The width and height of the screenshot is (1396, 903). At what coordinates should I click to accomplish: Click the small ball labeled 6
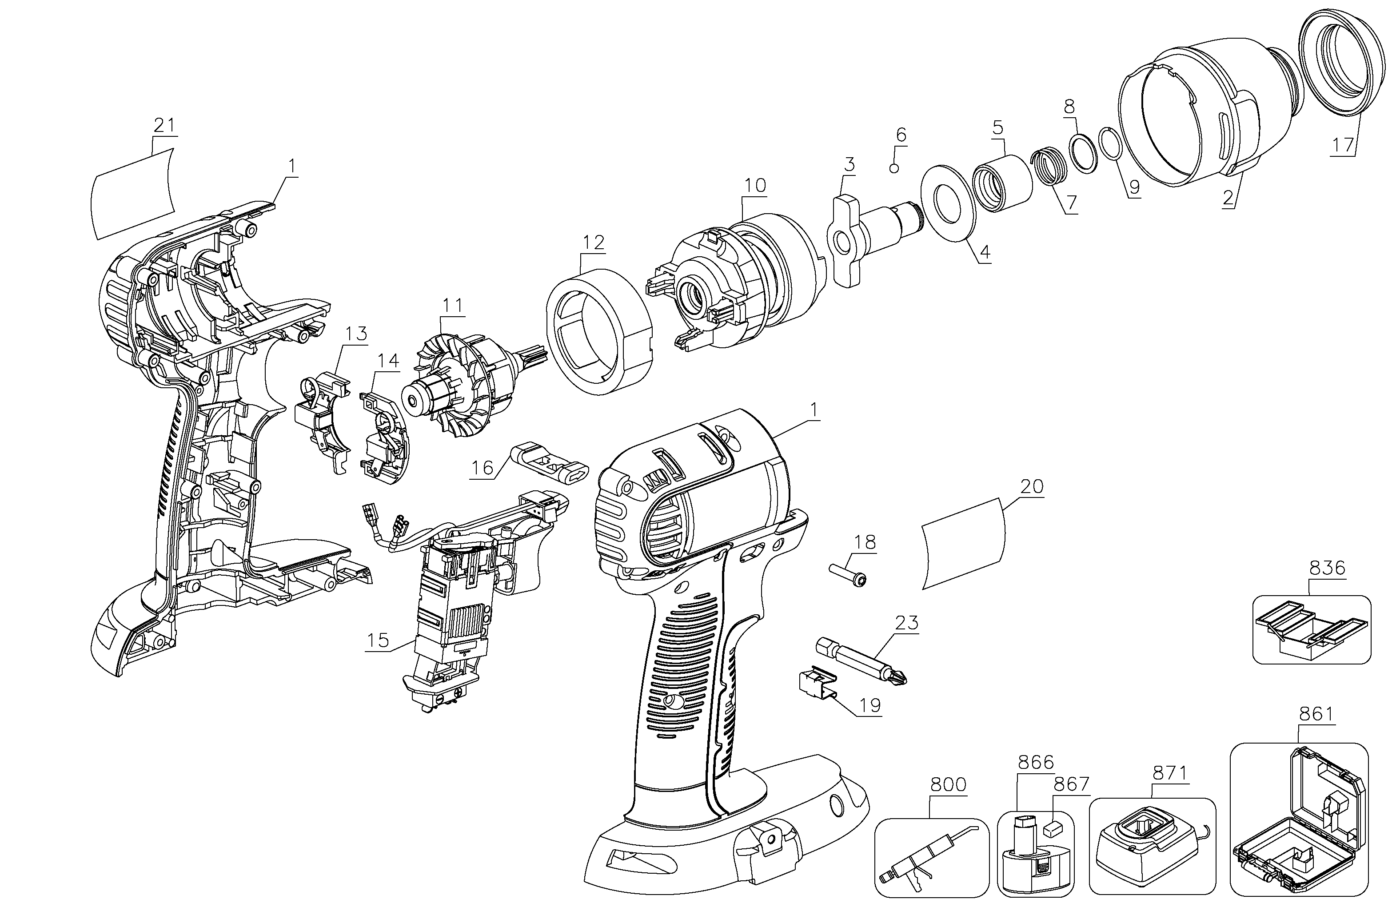pyautogui.click(x=894, y=169)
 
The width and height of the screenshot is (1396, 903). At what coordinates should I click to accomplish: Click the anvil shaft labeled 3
pyautogui.click(x=868, y=231)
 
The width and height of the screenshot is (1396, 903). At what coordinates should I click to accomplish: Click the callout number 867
pyautogui.click(x=1071, y=784)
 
